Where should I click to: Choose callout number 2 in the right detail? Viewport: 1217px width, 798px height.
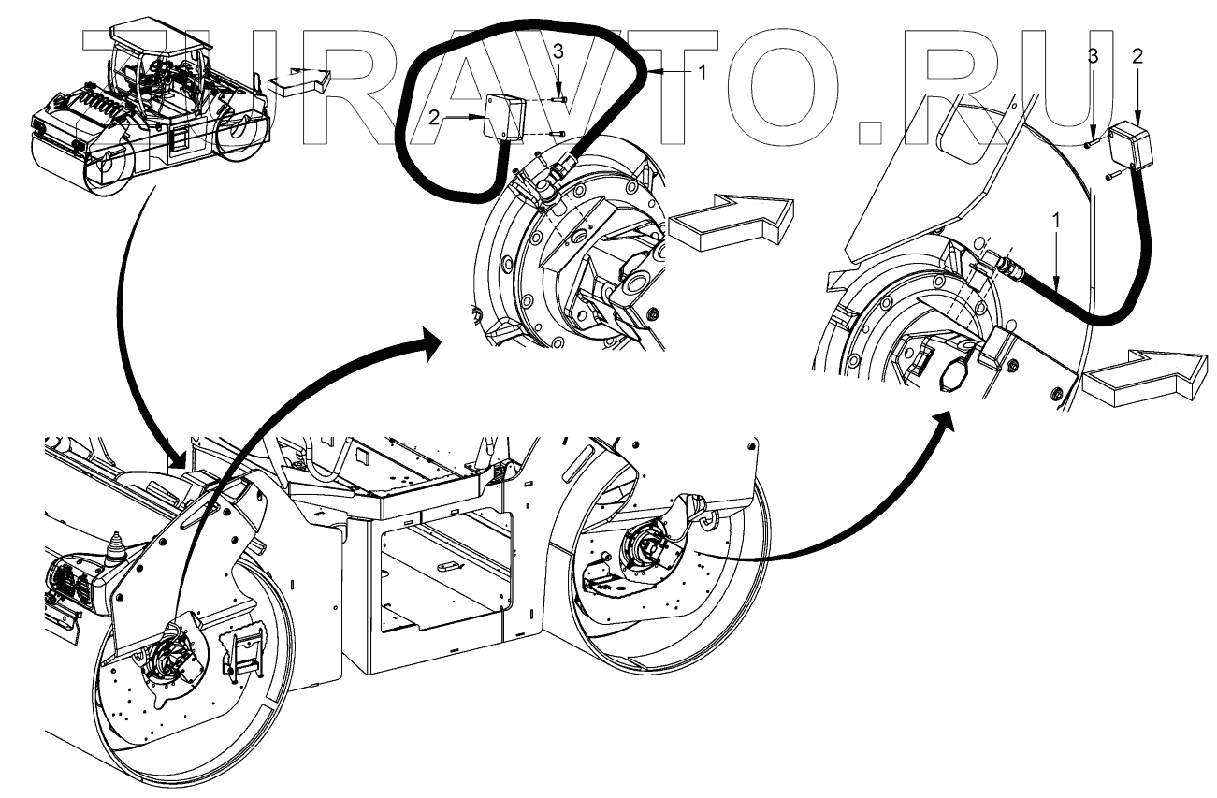click(1137, 56)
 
